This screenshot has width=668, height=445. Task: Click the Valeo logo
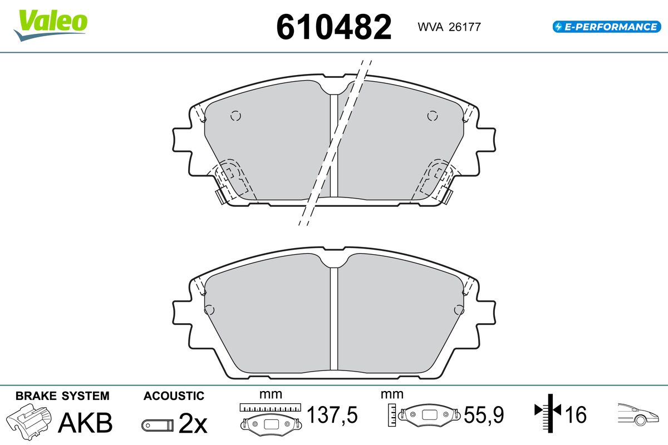tap(51, 26)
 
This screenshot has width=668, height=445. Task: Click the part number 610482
tap(333, 27)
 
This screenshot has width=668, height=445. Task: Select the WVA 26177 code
tap(449, 27)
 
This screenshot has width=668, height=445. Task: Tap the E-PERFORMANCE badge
tap(607, 27)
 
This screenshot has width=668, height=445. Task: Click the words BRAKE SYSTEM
tap(62, 396)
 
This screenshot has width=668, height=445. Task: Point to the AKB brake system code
tap(85, 422)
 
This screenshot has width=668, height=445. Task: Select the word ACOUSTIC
tap(174, 396)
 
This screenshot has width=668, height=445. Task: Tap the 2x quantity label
tap(193, 423)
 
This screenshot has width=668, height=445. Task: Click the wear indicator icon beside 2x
tap(158, 426)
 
